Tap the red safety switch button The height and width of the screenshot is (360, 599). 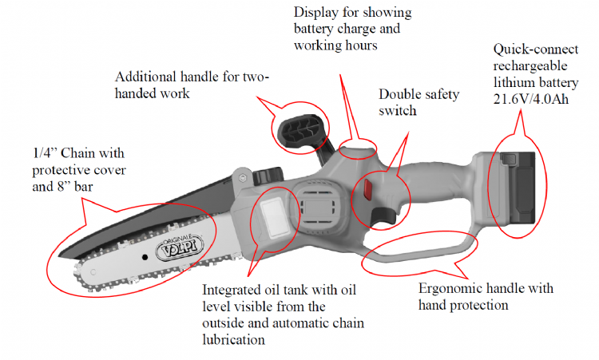pos(369,188)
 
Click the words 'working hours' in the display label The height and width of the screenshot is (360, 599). pos(336,45)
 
